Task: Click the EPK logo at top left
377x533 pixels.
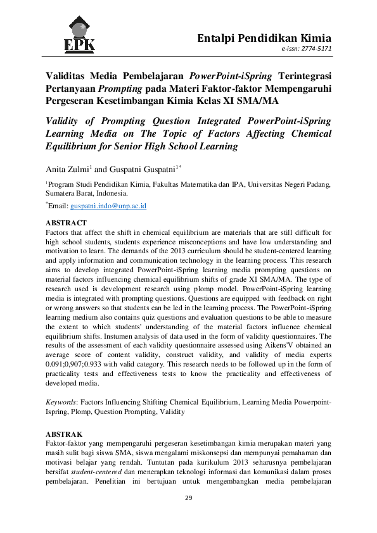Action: [79, 35]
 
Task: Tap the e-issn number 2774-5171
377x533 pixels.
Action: [316, 48]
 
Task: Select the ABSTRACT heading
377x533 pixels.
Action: [66, 223]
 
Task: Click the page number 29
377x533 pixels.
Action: [188, 498]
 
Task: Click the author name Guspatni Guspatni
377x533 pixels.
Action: [137, 168]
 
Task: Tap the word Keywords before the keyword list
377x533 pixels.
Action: [61, 402]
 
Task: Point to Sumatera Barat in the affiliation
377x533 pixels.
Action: [69, 193]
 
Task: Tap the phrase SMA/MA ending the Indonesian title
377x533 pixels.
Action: [264, 100]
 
